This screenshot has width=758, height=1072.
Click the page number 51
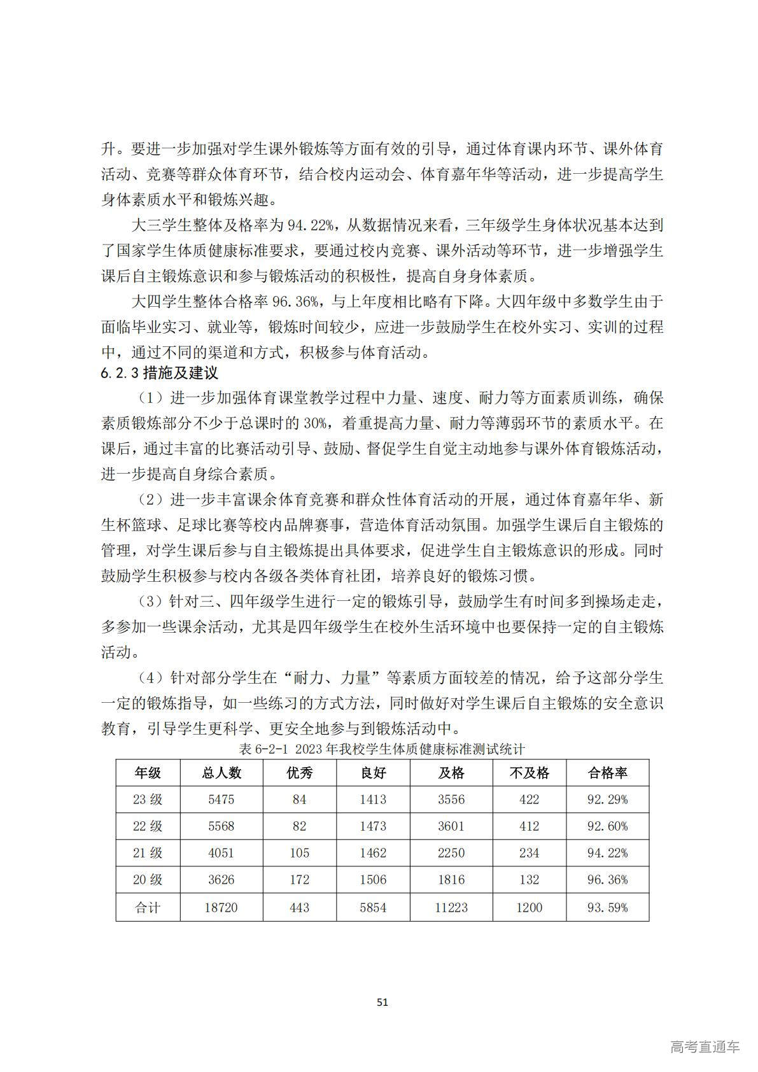pos(382,1002)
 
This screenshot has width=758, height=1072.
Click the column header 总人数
pos(221,773)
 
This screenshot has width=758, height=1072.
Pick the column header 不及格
pos(529,773)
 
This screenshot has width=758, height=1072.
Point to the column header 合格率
pos(607,773)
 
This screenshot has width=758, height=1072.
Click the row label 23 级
pos(148,800)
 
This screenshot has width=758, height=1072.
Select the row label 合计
pos(148,907)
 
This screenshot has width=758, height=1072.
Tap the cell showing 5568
pos(221,826)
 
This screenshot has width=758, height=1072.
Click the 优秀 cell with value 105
pos(299,853)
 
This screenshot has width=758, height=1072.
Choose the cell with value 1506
pos(373,880)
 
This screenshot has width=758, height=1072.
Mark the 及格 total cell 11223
pos(451,907)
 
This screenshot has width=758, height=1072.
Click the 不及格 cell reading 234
pos(529,853)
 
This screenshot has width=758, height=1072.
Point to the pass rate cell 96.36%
pos(607,880)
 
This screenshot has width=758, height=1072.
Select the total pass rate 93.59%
pos(607,907)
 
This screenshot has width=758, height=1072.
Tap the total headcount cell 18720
pos(221,907)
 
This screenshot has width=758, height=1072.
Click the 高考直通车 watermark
pos(705,1047)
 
